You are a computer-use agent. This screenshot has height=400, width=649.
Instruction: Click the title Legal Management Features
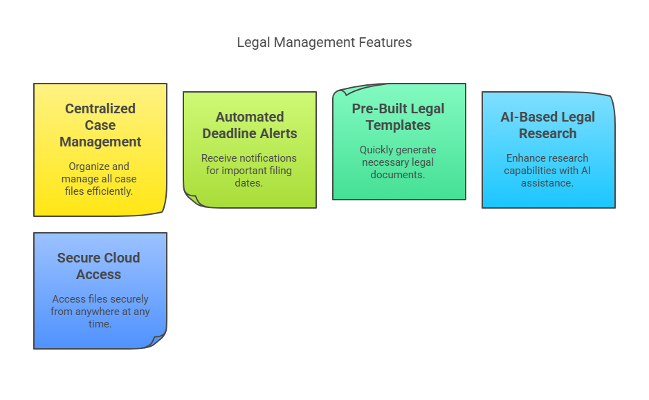[x=324, y=42]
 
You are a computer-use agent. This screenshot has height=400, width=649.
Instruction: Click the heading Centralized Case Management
[x=100, y=125]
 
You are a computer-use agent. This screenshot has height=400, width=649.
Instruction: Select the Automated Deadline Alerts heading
[x=250, y=125]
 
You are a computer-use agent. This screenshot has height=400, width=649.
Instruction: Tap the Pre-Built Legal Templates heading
[x=398, y=117]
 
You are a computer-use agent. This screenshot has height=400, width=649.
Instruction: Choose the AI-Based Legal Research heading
[x=547, y=125]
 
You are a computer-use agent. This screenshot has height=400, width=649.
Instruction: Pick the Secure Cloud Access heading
[x=98, y=266]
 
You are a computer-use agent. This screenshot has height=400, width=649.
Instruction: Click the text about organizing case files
[x=99, y=178]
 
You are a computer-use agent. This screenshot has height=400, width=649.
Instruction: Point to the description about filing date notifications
[x=249, y=170]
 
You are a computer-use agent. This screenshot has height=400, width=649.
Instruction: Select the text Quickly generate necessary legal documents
[x=398, y=162]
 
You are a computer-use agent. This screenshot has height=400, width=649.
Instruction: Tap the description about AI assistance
[x=547, y=170]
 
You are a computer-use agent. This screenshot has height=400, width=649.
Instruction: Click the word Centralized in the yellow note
[x=100, y=108]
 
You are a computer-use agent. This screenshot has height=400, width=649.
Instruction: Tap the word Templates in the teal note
[x=398, y=125]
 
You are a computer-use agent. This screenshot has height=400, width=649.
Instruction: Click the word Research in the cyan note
[x=547, y=133]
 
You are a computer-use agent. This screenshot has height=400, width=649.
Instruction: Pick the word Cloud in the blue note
[x=122, y=258]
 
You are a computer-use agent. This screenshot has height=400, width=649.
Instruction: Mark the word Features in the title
[x=385, y=42]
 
